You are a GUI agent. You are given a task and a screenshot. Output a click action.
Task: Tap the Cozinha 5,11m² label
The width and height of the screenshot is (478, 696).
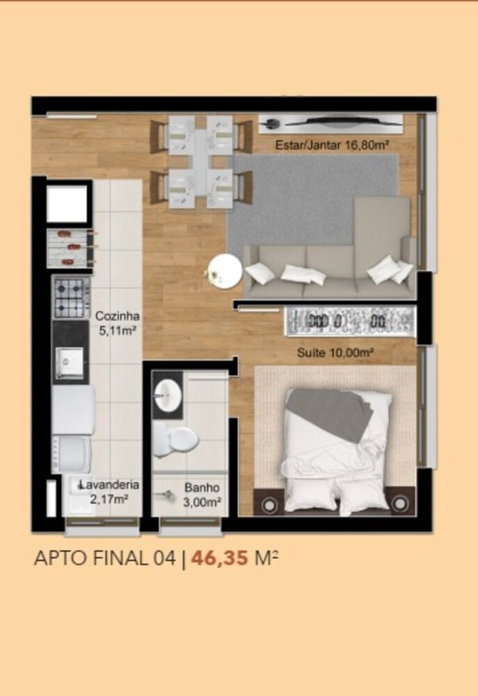click(117, 323)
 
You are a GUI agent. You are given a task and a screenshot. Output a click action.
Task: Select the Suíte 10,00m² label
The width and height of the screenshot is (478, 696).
click(335, 353)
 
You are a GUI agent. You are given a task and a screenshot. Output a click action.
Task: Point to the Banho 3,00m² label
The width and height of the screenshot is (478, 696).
click(202, 494)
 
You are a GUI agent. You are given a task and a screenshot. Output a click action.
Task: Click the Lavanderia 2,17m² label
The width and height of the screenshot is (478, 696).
click(109, 492)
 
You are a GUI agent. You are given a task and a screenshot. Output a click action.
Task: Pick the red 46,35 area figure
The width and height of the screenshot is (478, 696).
click(219, 558)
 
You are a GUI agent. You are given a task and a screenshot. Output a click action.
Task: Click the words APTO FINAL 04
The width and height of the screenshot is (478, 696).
click(105, 558)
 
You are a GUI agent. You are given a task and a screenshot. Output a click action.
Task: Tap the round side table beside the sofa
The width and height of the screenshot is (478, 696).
click(225, 271)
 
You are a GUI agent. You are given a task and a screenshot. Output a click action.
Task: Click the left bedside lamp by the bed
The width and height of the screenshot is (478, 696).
click(268, 504)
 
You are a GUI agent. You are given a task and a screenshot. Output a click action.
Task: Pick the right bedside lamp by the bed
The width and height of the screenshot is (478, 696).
click(399, 503)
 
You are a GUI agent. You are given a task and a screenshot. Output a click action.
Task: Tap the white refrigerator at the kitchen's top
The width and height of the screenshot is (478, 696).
click(67, 203)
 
